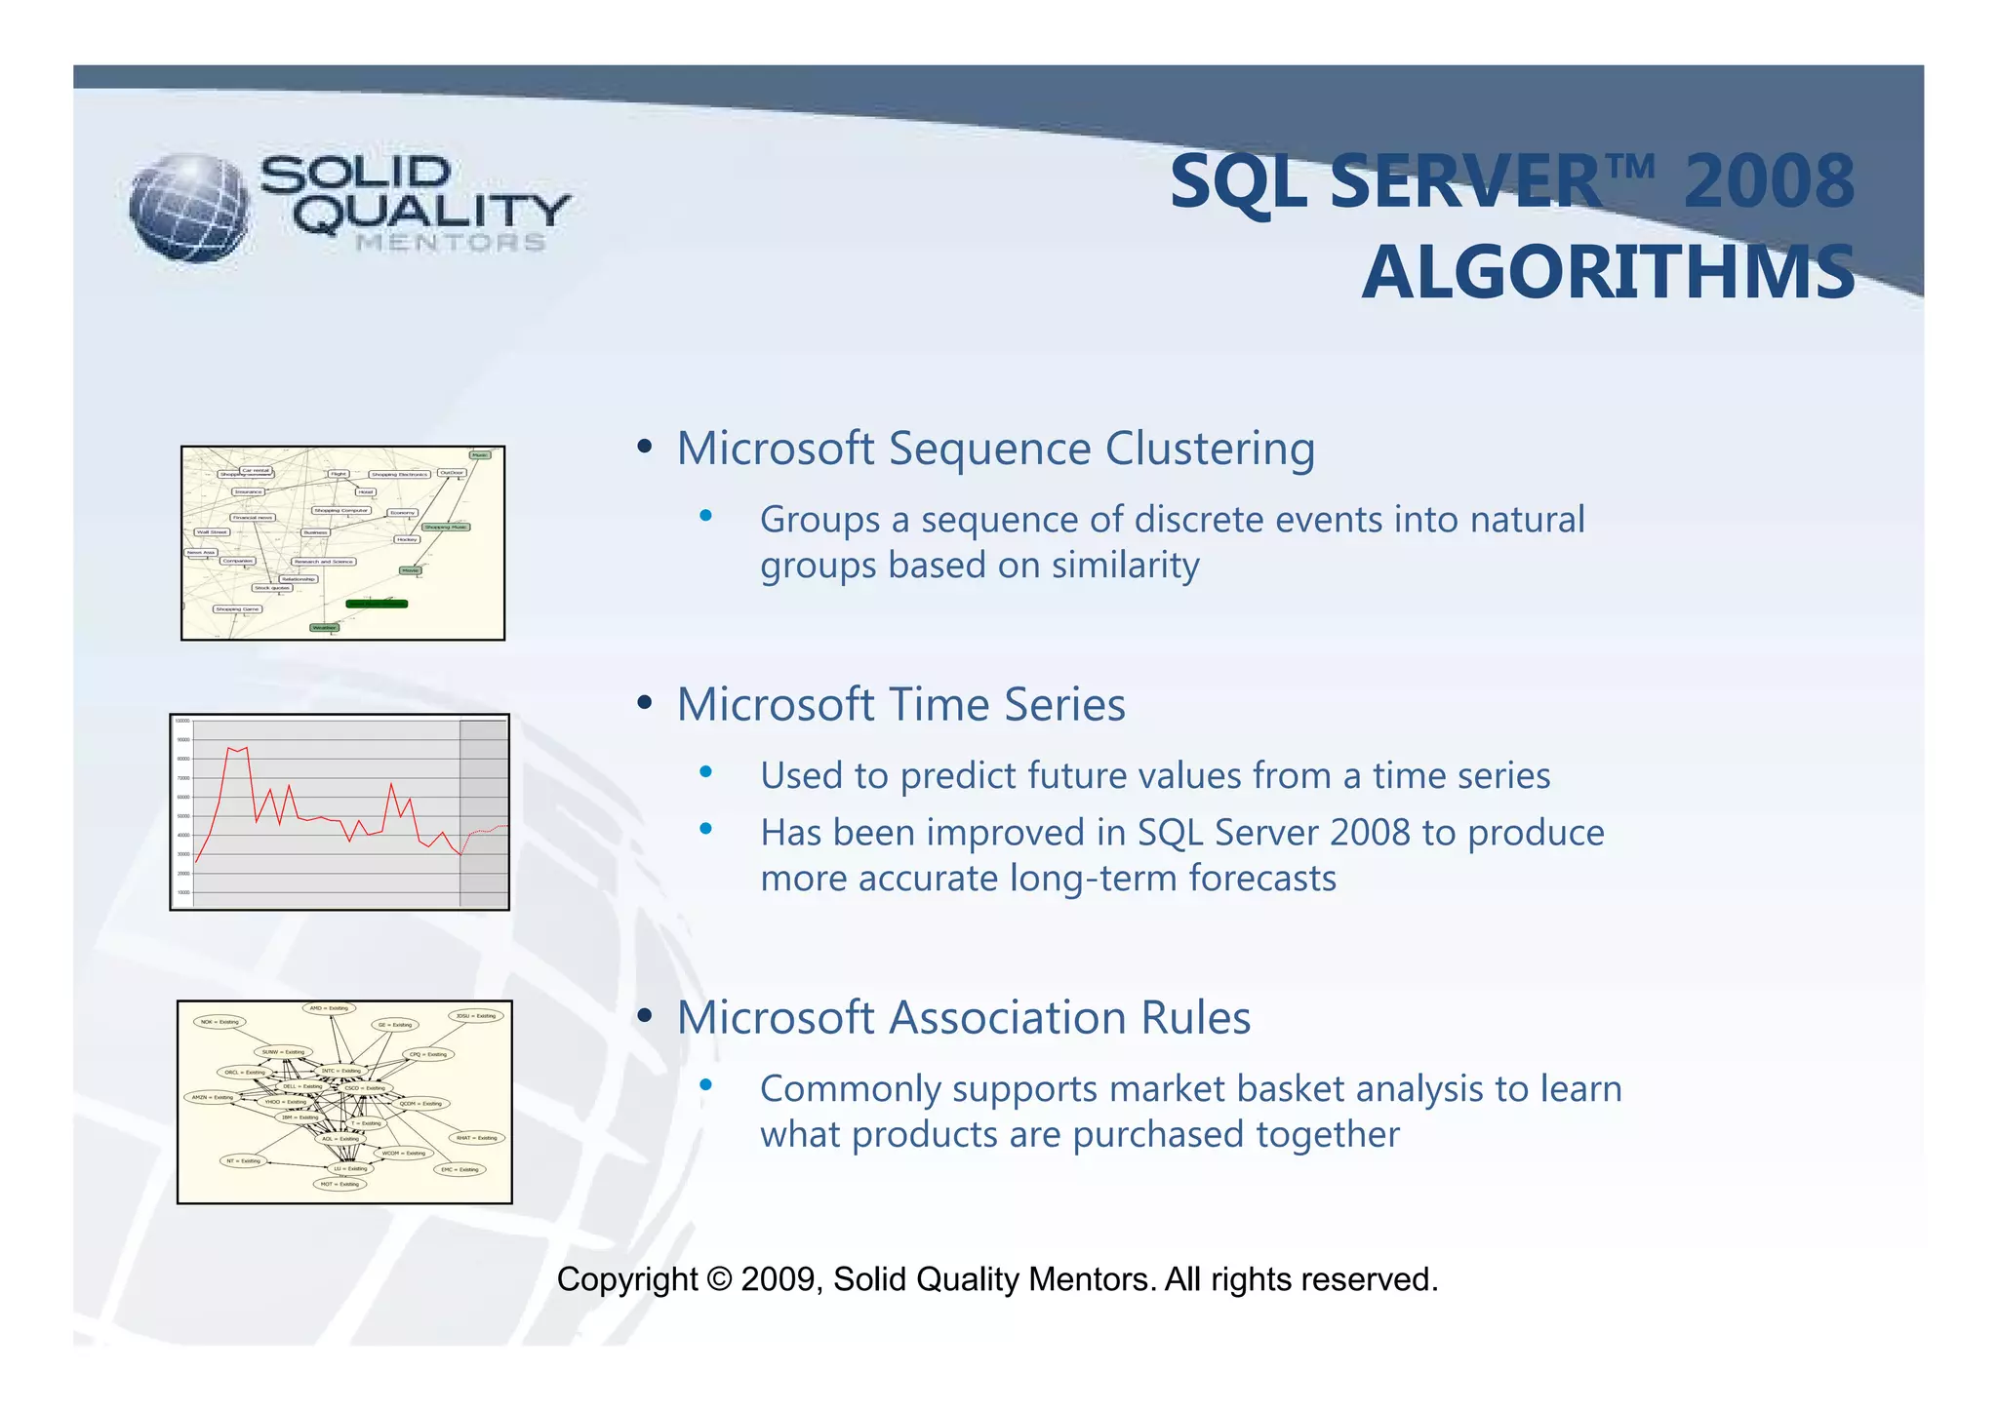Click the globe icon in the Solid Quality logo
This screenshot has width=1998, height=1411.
pos(189,208)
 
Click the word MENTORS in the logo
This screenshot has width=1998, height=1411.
pos(450,243)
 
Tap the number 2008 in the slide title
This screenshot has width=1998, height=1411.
pos(1768,182)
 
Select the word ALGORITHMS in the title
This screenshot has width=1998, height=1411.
pos(1608,273)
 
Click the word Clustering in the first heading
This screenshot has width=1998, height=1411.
pos(1209,450)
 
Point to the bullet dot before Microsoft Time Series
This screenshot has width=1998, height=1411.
pos(644,703)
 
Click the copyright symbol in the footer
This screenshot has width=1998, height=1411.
pos(719,1279)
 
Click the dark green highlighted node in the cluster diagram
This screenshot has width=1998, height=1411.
pos(377,604)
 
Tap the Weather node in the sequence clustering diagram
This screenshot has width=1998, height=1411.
pos(324,628)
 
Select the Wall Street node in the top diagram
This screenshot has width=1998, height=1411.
pos(212,532)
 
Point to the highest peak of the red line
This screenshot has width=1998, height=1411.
pos(228,748)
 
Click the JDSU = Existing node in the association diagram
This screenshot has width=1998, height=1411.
pos(476,1016)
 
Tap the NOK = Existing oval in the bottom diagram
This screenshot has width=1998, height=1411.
pos(220,1022)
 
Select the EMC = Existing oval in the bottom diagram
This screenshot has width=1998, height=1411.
pos(460,1169)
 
